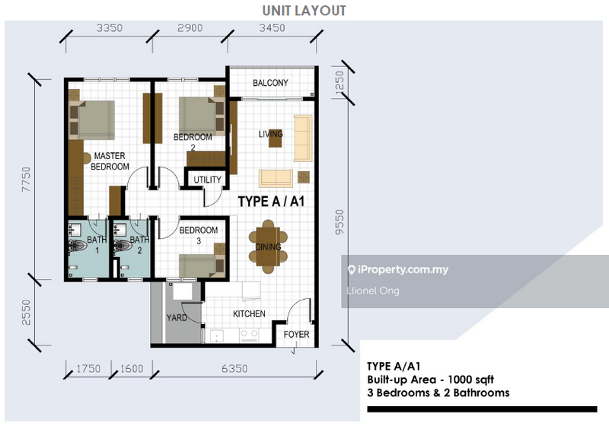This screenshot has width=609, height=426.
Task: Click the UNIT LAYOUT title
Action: click(x=304, y=11)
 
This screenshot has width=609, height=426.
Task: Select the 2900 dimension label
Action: click(x=189, y=28)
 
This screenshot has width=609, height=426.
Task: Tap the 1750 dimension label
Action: click(x=89, y=370)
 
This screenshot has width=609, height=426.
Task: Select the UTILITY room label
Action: click(x=207, y=180)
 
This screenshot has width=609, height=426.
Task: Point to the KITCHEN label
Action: click(x=249, y=313)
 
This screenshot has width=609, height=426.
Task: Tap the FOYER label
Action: click(x=295, y=334)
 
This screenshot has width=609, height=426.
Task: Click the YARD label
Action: click(x=177, y=318)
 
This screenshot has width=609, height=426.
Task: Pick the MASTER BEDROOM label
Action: click(x=110, y=161)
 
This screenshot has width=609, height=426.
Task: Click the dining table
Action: click(x=267, y=246)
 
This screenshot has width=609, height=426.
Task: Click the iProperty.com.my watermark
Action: click(x=398, y=270)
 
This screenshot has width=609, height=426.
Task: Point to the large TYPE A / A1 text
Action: click(x=272, y=202)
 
